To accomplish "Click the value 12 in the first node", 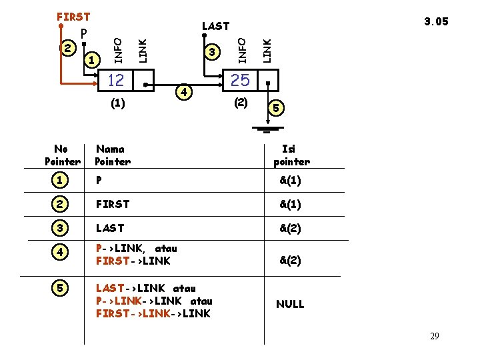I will coord(116,81).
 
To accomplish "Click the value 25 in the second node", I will coord(240,81).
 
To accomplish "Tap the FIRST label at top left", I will coord(73,16).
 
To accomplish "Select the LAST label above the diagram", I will coord(215,26).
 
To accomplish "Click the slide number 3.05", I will coord(437,21).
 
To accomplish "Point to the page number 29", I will coord(434,336).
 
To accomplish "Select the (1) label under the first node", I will coord(116,103).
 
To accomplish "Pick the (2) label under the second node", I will coord(241,103).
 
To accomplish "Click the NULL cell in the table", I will coord(290,304).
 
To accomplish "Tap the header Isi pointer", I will coord(291,155).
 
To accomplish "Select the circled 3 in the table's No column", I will coord(61,228).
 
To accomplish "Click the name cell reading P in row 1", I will coord(99,180).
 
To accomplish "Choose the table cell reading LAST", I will coord(110,228).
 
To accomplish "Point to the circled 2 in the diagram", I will coord(67,48).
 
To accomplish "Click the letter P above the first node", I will coord(83,33).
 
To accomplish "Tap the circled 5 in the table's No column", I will coord(61,289).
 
